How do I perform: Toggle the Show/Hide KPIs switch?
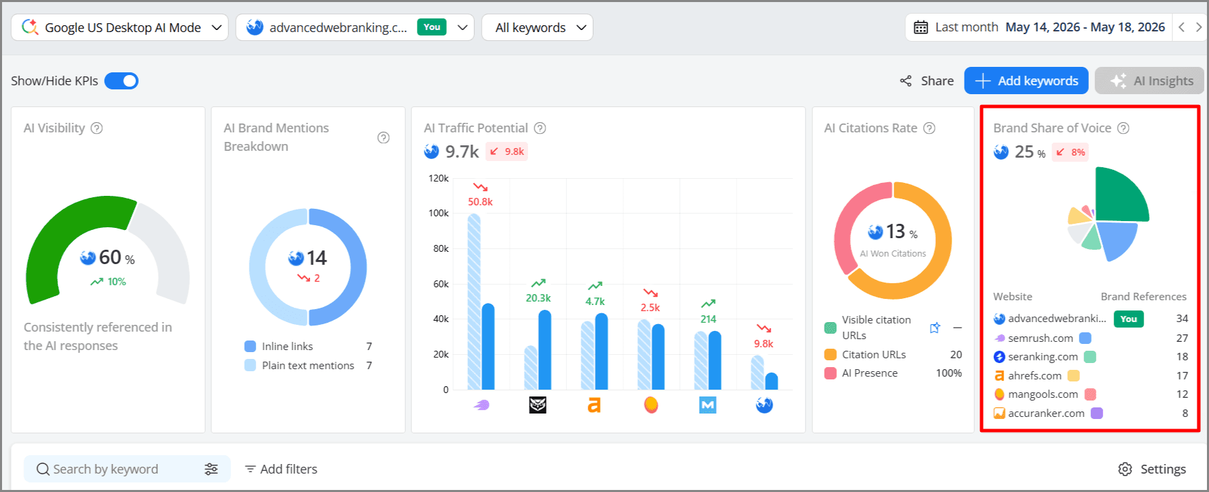click(122, 81)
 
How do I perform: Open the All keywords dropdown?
click(537, 27)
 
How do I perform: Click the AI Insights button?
click(1152, 81)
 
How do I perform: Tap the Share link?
click(927, 81)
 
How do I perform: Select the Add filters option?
click(281, 469)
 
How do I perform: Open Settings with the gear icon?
click(1124, 469)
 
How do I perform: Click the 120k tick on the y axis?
click(439, 178)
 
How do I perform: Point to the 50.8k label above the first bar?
click(480, 202)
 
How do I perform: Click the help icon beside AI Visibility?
click(97, 128)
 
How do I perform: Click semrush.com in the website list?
click(1040, 338)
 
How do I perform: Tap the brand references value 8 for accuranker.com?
click(1185, 413)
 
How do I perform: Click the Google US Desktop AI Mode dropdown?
click(120, 27)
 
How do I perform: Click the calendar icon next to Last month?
click(921, 27)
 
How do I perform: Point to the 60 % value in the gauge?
click(117, 257)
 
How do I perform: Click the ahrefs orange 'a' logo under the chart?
click(594, 405)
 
